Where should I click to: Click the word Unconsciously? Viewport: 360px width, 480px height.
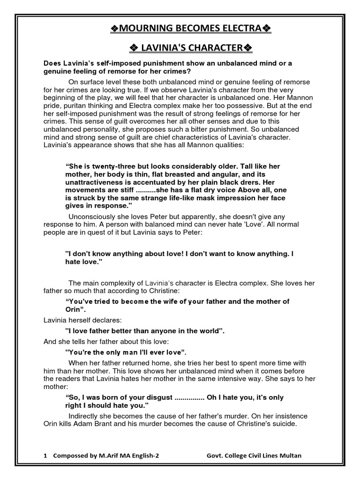(x=91, y=216)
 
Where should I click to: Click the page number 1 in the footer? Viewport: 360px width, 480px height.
(x=45, y=455)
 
